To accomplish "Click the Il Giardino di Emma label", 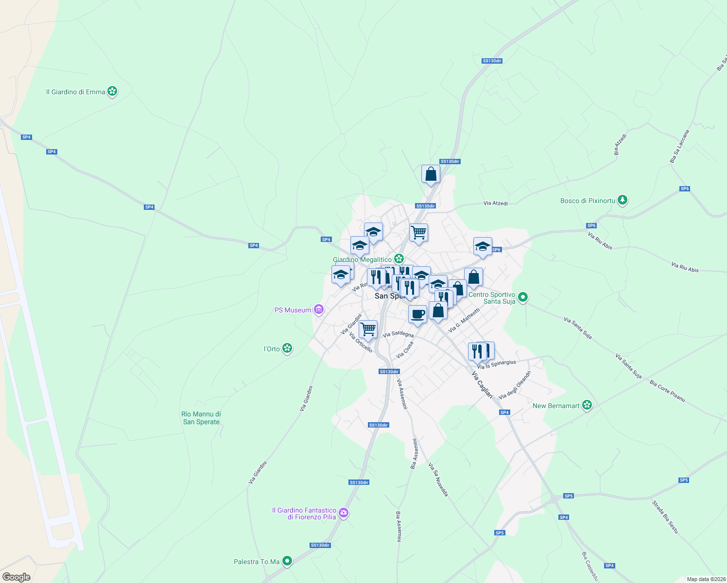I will (75, 92).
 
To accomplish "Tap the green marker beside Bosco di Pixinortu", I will (622, 200).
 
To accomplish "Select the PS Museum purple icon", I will (318, 309).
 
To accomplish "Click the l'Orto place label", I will (272, 349).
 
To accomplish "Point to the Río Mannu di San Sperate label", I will (201, 418).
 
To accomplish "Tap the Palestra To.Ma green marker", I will (287, 561).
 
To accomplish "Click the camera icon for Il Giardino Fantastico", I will (344, 513).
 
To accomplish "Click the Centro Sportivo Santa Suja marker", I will (522, 296).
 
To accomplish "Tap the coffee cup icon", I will (417, 314).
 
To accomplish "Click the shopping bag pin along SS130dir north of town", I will (431, 174).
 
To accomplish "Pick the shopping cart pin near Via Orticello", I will (368, 329).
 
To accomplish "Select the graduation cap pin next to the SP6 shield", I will (483, 246).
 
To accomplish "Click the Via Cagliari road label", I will (482, 385).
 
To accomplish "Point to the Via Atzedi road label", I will (495, 203).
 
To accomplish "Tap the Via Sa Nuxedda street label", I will (438, 480).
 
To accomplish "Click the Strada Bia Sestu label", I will (665, 517).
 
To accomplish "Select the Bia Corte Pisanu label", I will (667, 391).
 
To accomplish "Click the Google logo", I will (16, 577).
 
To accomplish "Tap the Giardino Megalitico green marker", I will (399, 259).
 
